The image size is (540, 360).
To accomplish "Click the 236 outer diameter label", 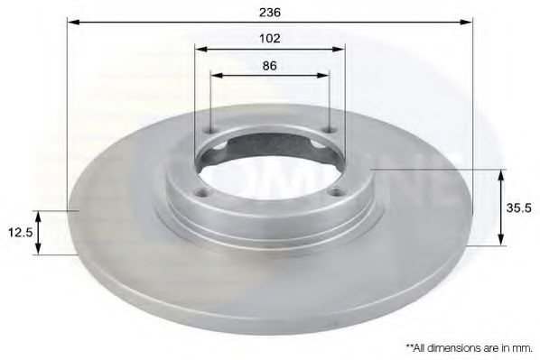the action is pyautogui.click(x=270, y=12).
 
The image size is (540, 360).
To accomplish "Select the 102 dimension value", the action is pyautogui.click(x=270, y=38).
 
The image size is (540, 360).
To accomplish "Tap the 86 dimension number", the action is pyautogui.click(x=270, y=65).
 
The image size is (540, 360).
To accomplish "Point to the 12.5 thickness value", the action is pyautogui.click(x=21, y=233).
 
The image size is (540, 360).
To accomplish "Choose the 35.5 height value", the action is pyautogui.click(x=518, y=208).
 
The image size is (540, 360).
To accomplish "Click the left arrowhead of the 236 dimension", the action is pyautogui.click(x=73, y=22).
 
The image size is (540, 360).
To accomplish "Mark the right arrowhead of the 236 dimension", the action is pyautogui.click(x=466, y=22).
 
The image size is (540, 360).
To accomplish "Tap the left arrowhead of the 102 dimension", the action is pyautogui.click(x=200, y=49).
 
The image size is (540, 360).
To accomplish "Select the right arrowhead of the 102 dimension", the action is pyautogui.click(x=339, y=49).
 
